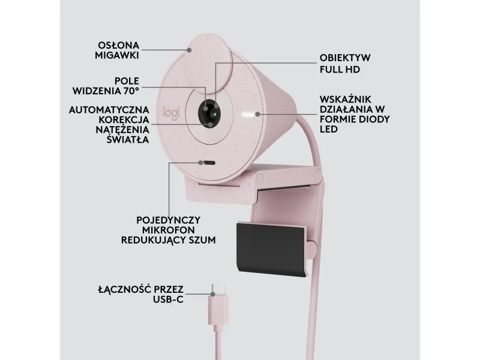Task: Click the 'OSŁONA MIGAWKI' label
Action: point(117,50)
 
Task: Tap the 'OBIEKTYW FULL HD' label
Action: point(345,64)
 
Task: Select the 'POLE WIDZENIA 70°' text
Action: point(106,86)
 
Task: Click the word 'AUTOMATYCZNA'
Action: point(109,110)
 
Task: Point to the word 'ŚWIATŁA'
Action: point(128,140)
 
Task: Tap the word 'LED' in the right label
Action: point(328,129)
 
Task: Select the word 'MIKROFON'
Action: point(169,230)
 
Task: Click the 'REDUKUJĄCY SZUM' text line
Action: point(169,240)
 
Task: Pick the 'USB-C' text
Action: point(168,299)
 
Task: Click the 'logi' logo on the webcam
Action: point(171,112)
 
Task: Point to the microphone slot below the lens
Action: point(209,163)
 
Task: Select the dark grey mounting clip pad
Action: point(271,248)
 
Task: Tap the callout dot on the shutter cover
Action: point(190,50)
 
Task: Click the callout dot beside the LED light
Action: point(258,114)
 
